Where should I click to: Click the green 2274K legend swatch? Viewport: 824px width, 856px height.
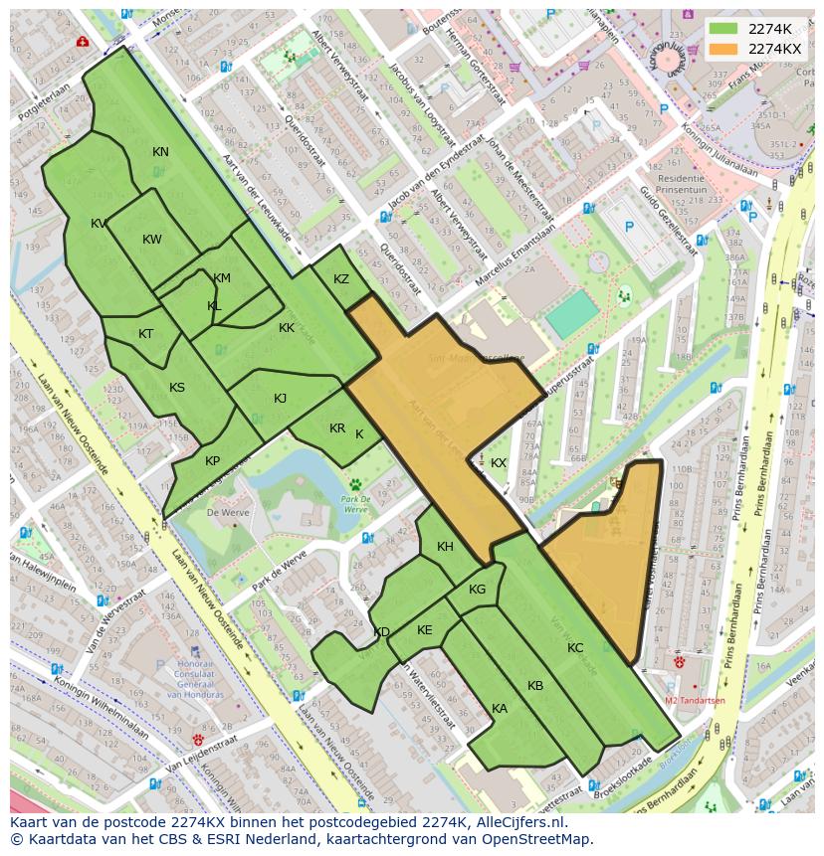(x=724, y=29)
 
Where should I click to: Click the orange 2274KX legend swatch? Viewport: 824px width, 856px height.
(x=724, y=49)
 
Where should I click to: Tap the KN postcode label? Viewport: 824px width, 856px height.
(x=160, y=152)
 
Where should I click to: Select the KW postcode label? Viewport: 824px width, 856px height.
(x=151, y=240)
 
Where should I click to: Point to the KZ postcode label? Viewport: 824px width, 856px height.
(x=341, y=279)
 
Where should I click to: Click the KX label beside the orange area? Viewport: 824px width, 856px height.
(x=499, y=463)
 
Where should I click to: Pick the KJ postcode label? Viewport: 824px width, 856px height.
(x=280, y=399)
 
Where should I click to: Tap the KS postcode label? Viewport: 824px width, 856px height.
(x=177, y=388)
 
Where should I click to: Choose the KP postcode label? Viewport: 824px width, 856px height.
(x=212, y=461)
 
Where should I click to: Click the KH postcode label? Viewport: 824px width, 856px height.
(x=445, y=547)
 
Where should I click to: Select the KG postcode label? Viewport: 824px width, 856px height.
(x=477, y=590)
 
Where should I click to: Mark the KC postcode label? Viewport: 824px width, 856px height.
(x=575, y=648)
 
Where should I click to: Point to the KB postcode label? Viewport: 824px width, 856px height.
(x=535, y=686)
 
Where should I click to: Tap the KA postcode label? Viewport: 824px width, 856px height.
(x=500, y=709)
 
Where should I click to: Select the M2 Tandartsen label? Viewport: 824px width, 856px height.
(x=695, y=700)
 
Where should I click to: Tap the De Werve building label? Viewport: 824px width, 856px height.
(x=226, y=512)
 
